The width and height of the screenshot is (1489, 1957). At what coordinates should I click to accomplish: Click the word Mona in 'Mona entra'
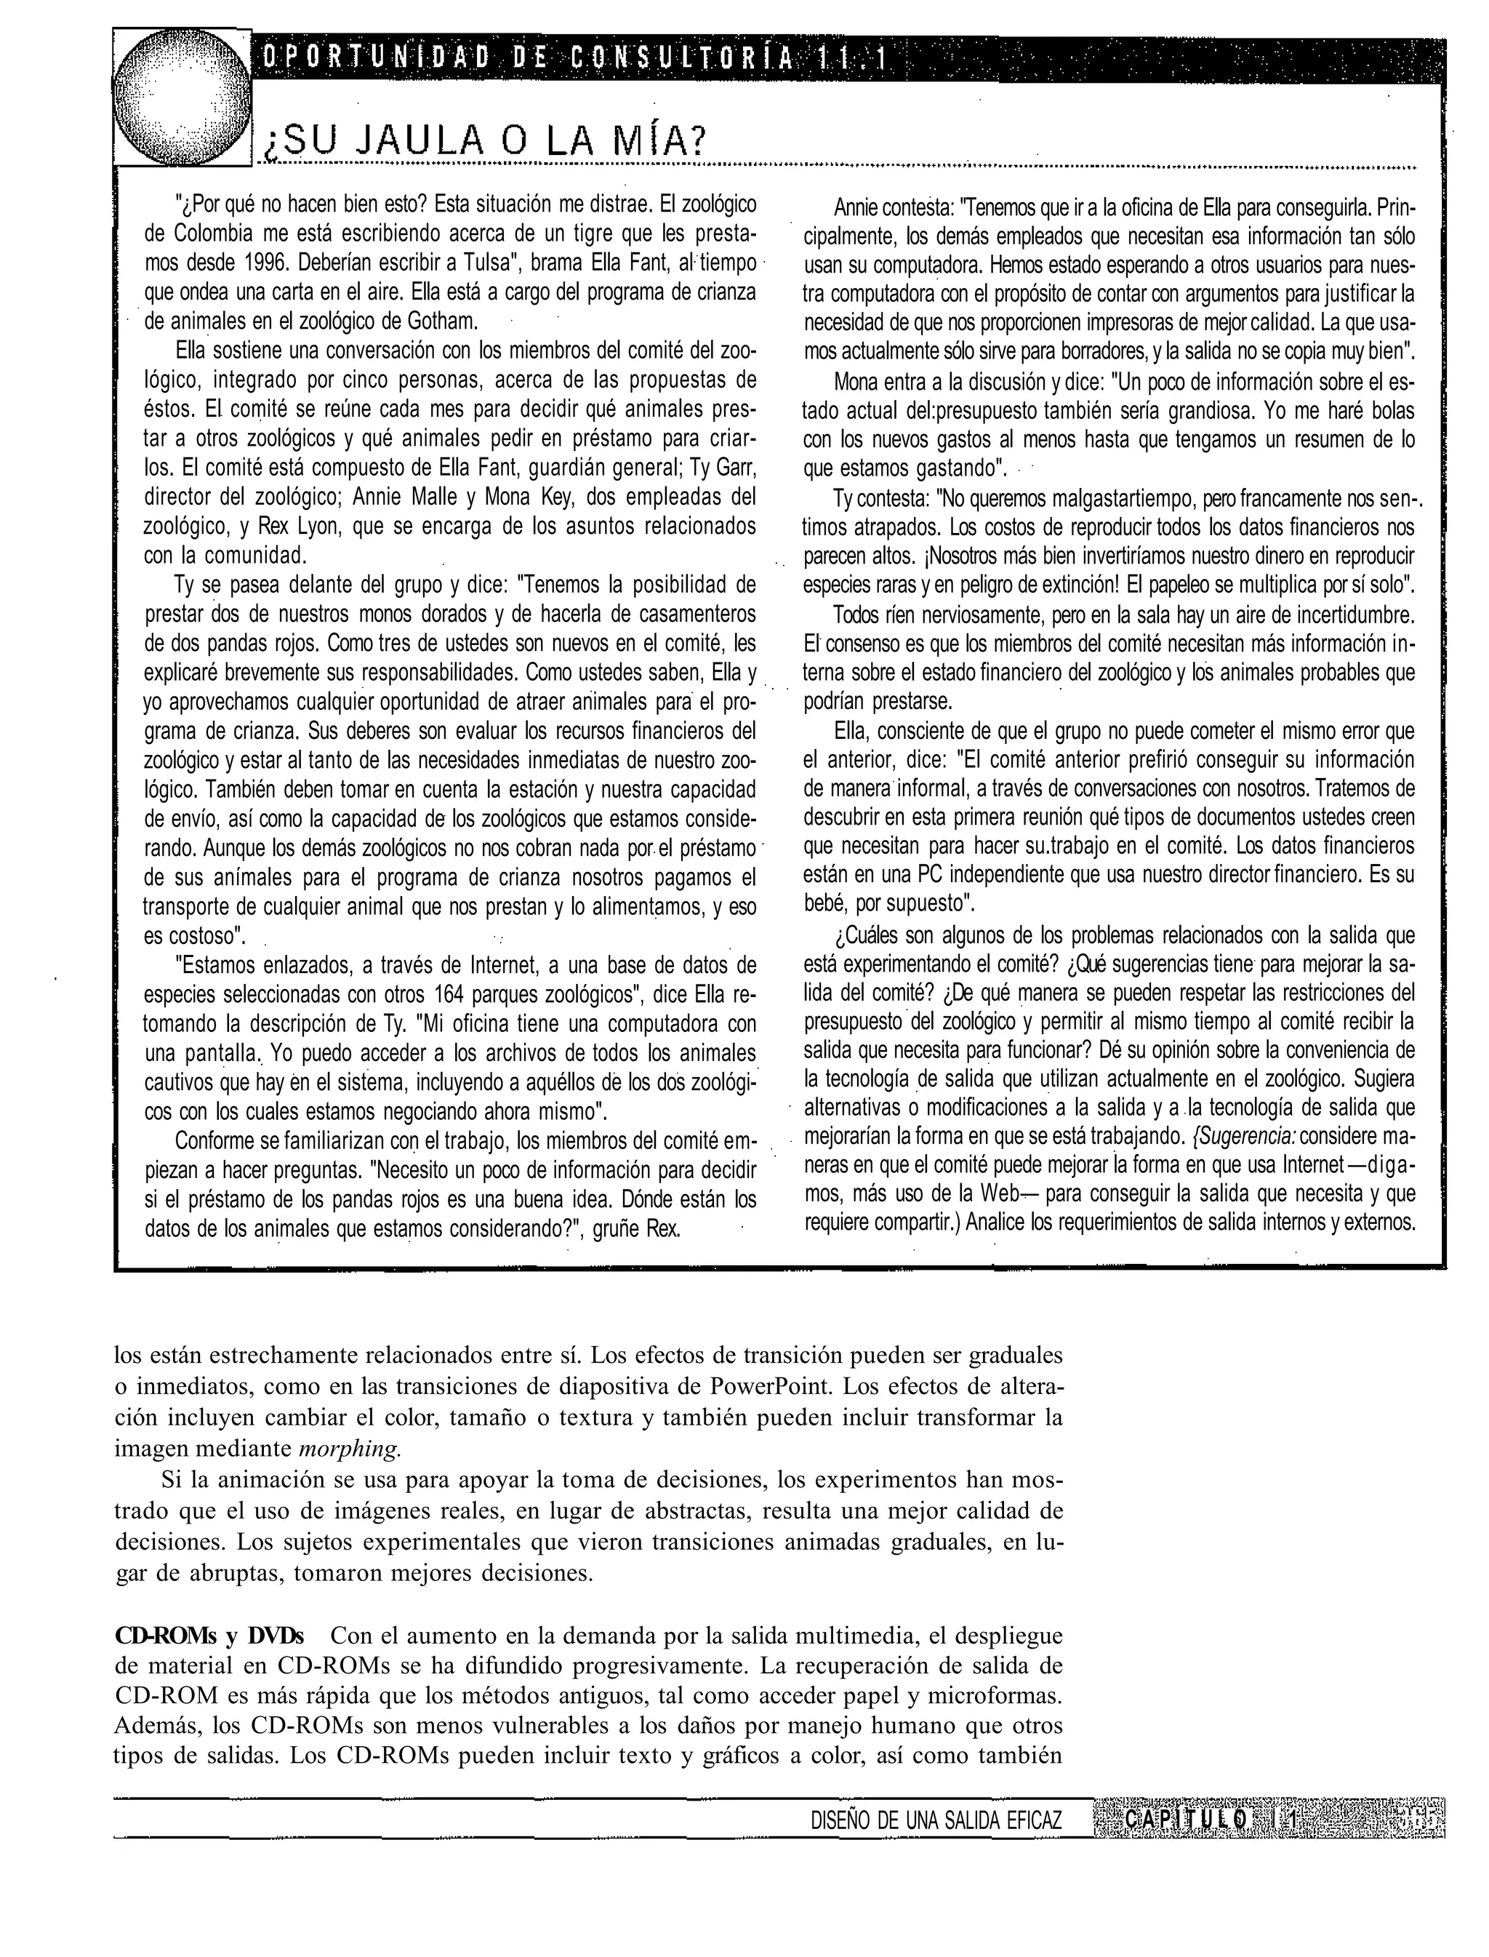854,382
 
